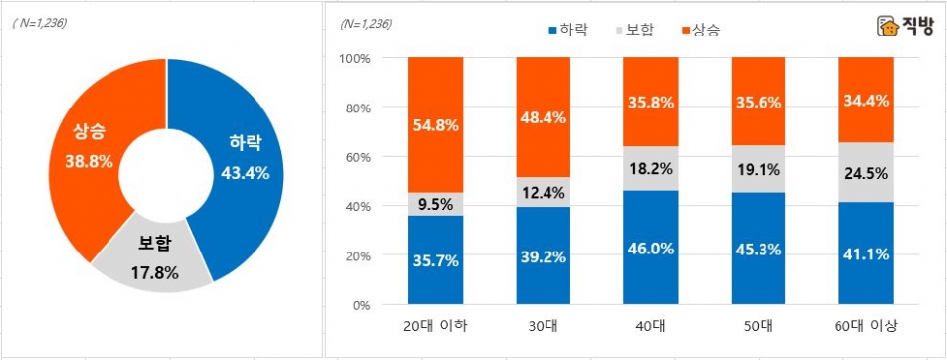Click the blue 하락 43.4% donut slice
point(241,158)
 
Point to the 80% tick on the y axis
point(355,108)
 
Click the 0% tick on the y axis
point(359,305)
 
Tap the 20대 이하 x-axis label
point(435,326)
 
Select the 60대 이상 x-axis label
point(865,326)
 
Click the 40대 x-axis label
point(650,326)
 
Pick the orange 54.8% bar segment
point(435,124)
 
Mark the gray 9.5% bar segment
point(435,204)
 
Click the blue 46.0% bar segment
point(650,248)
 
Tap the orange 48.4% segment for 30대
point(543,116)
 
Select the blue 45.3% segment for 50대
point(758,249)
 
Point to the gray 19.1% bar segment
point(758,169)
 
